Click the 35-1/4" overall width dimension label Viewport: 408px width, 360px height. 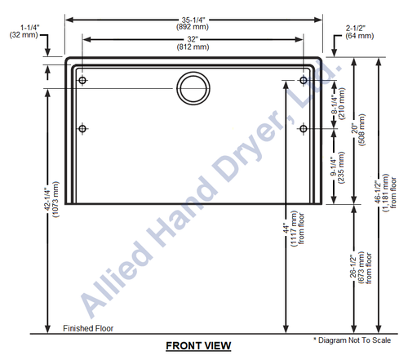[193, 23]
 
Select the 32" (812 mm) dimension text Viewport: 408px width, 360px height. [193, 43]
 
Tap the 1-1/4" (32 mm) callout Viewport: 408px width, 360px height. [24, 31]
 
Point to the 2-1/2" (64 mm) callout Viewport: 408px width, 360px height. [359, 32]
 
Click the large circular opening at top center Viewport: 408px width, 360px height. [193, 73]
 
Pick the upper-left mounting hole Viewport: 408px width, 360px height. [82, 81]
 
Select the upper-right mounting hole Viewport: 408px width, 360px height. [304, 80]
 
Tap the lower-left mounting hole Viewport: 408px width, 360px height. [82, 128]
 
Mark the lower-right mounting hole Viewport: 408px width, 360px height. [304, 128]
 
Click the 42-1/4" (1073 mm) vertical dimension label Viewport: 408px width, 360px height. [51, 199]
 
